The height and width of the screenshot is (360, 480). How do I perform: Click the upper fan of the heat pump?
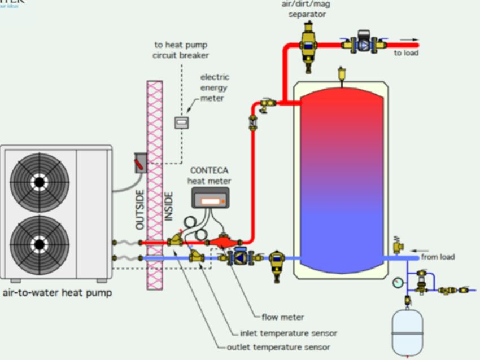(40, 182)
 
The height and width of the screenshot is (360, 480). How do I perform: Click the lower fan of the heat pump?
(40, 244)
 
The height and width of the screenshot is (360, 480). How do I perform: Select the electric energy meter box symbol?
(181, 122)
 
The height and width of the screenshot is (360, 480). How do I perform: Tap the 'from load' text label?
(438, 257)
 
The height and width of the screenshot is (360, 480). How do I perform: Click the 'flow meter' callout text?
(283, 317)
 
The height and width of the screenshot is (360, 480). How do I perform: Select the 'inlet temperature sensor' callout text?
(289, 333)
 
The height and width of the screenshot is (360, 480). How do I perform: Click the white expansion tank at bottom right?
(408, 332)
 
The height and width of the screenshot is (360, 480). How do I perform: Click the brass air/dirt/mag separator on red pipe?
(308, 45)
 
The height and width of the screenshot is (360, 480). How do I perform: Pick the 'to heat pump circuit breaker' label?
(181, 50)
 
